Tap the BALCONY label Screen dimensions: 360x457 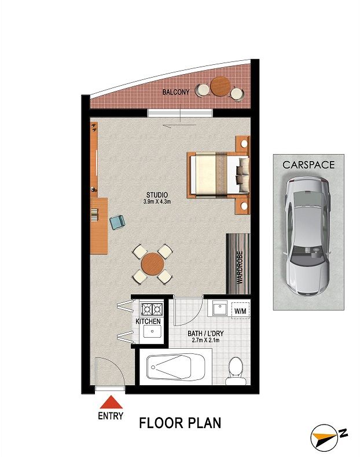point(176,92)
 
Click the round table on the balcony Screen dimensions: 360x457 point(221,86)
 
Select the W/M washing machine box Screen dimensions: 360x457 point(240,310)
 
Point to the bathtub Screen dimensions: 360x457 point(176,367)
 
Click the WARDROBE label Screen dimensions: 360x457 point(240,268)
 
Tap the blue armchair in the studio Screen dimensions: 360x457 point(117,222)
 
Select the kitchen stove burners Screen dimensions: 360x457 point(152,309)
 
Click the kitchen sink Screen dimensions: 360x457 point(152,331)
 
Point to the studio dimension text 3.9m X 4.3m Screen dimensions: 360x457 point(157,202)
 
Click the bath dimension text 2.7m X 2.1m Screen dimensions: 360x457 point(206,340)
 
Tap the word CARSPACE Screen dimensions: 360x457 point(308,164)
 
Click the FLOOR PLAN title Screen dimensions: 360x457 point(180,423)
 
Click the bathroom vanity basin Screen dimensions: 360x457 point(219,309)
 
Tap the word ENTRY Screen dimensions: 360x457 point(111,416)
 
